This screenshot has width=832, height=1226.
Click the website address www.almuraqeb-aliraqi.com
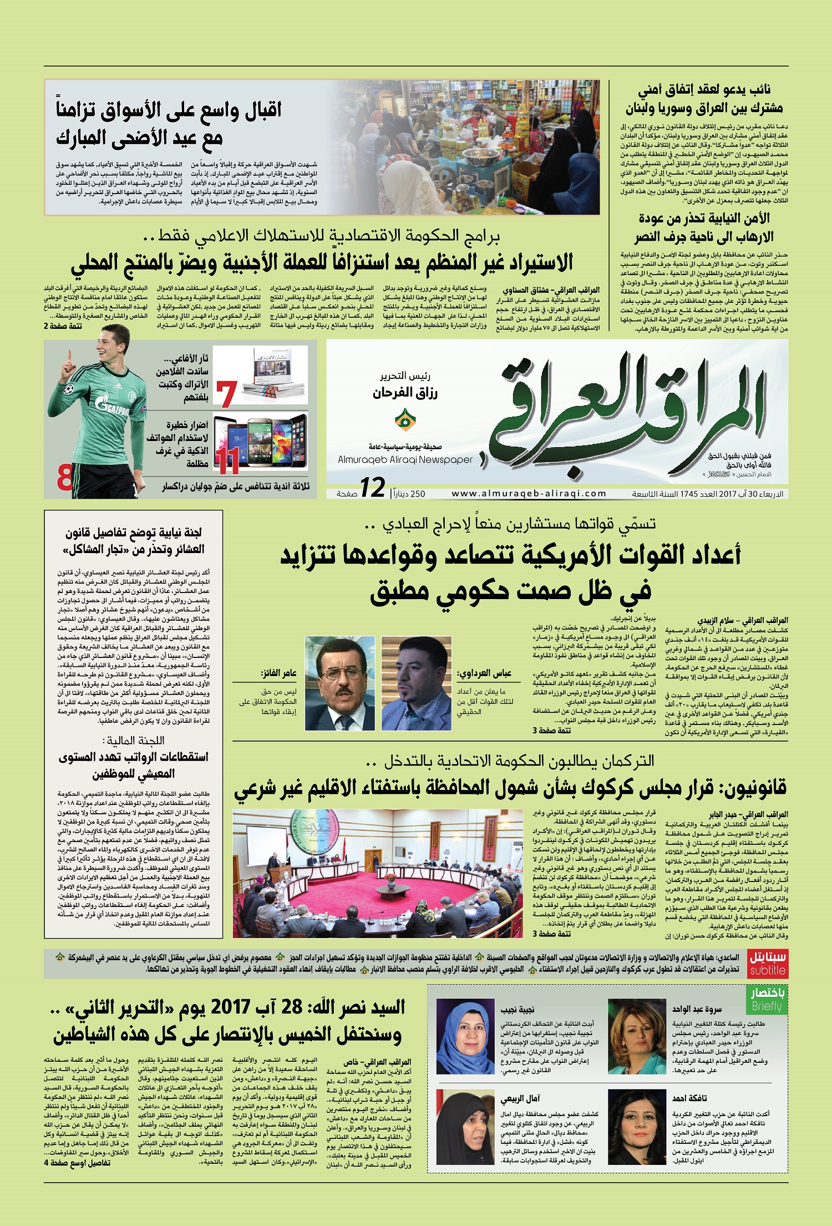tap(529, 493)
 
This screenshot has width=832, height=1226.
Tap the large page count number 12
tap(372, 488)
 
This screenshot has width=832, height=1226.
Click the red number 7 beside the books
tap(226, 394)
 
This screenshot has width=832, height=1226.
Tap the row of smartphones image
tap(261, 442)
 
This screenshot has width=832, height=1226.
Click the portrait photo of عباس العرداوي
tap(416, 683)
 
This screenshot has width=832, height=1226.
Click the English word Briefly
tap(767, 1006)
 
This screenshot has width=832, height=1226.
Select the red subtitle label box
tap(768, 966)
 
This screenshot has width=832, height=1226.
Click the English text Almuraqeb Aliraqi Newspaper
tap(405, 460)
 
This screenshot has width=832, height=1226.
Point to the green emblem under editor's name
tap(405, 420)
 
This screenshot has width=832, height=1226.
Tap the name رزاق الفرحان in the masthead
tap(405, 393)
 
